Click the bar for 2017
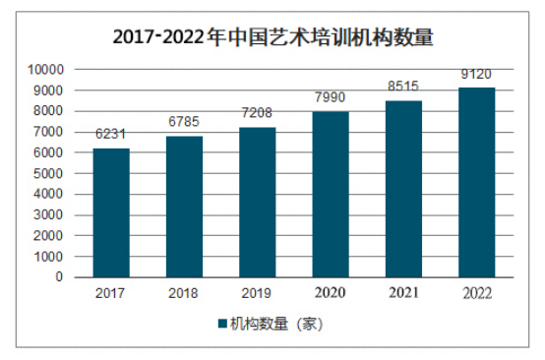111,212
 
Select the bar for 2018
184,207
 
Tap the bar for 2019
257,203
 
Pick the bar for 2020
330,194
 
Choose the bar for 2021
402,189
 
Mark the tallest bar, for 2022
476,182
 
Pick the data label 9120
476,77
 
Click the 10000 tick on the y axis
45,70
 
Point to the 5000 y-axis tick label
48,173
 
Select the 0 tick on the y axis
59,277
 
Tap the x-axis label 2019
257,292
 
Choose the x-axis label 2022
476,292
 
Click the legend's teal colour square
221,324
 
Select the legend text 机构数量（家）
276,324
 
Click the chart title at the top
272,37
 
